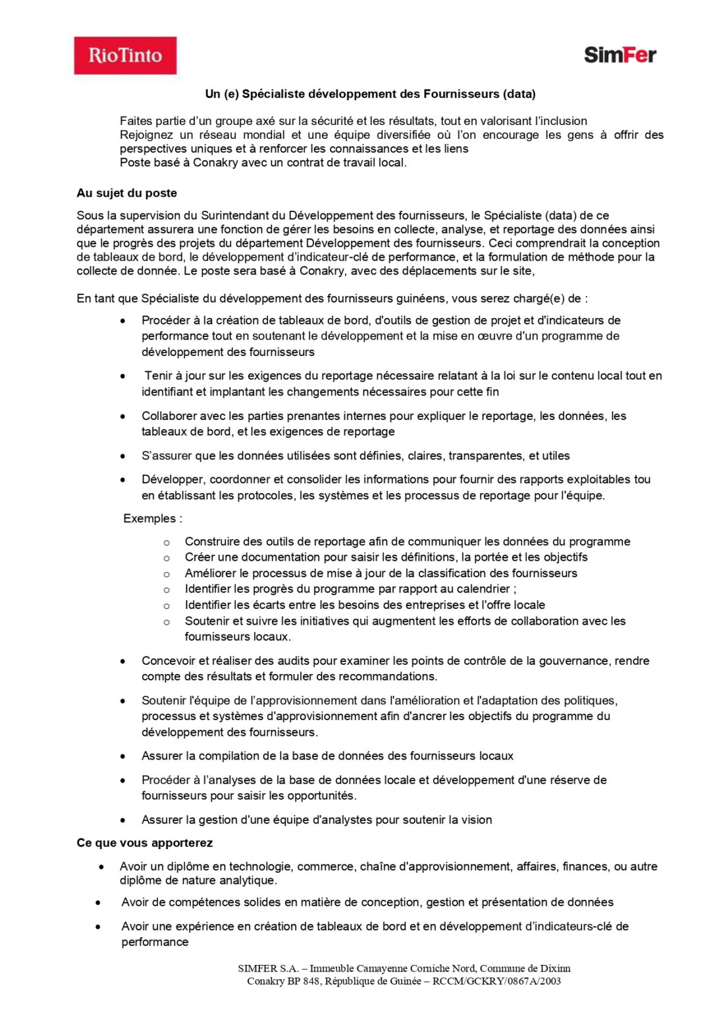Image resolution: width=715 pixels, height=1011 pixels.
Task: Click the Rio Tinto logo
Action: (x=125, y=55)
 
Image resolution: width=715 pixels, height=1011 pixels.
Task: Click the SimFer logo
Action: (x=620, y=55)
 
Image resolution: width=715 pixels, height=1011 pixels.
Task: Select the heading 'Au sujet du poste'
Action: (x=126, y=193)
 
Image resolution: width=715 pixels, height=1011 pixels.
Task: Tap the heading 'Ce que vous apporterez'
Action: (x=144, y=842)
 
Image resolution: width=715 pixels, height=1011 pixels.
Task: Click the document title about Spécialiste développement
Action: (x=370, y=93)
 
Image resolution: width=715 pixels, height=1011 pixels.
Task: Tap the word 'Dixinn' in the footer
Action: (x=555, y=968)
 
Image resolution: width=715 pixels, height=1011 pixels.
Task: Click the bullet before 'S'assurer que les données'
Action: (x=122, y=455)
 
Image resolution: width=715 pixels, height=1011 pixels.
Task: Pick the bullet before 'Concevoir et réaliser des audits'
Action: (x=122, y=661)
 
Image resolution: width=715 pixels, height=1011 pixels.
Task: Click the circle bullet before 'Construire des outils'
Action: (x=167, y=542)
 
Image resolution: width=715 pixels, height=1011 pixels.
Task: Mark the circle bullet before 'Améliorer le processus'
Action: (x=167, y=574)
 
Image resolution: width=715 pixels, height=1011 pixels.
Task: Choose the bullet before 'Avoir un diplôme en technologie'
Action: (x=101, y=867)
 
